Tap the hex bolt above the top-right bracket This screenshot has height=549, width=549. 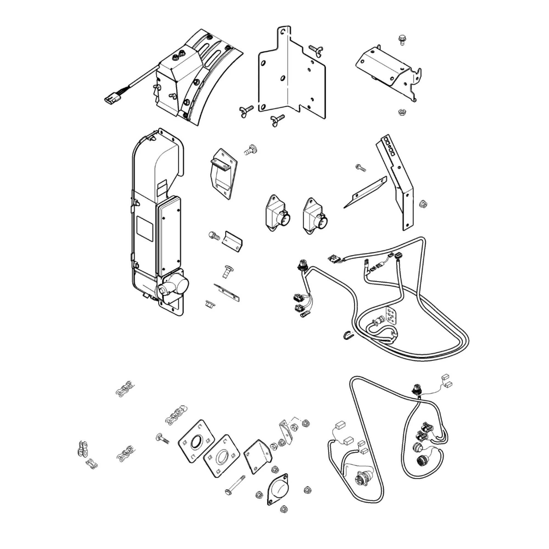[402, 40]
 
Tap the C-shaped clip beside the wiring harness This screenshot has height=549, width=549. [348, 335]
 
